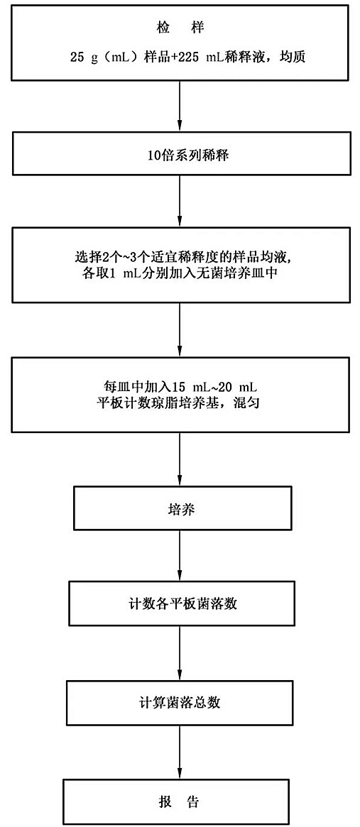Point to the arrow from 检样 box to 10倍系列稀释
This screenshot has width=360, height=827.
(x=180, y=106)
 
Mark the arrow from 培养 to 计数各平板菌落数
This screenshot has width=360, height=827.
(x=180, y=556)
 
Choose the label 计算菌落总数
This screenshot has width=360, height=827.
(x=180, y=703)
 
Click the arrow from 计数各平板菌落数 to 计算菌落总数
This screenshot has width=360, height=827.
(x=180, y=652)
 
